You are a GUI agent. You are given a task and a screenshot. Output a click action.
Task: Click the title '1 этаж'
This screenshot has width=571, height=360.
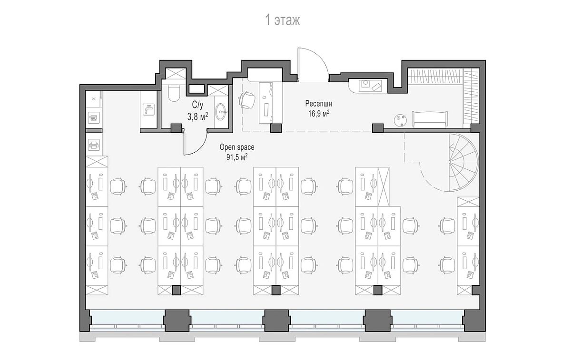pos(283,20)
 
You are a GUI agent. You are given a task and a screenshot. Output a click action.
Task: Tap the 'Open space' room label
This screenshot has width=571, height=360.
pos(237,147)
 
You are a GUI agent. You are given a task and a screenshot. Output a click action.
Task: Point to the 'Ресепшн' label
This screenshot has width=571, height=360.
pos(319,104)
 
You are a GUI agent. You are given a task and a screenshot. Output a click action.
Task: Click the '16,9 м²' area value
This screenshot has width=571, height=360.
pos(319,113)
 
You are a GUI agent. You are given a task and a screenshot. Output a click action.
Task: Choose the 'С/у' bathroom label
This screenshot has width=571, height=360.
pos(197,105)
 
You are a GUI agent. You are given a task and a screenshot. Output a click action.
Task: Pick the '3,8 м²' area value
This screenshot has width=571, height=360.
pos(197,117)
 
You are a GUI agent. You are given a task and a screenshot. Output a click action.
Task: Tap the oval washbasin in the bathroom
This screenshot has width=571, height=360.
pos(220,111)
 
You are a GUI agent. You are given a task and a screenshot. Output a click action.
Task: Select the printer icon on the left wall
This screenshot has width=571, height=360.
pos(94,145)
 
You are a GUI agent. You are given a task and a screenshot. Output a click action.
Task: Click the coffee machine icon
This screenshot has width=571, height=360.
pos(94,118)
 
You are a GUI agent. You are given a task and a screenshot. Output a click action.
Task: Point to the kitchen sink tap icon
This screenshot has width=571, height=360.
pos(148,109)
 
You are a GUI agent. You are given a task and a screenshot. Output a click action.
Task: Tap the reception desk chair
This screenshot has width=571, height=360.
pos(247,100)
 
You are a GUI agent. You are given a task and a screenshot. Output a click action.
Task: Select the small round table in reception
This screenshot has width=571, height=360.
pos(400,120)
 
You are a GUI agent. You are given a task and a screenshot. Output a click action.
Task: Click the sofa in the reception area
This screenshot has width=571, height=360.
pos(430,119)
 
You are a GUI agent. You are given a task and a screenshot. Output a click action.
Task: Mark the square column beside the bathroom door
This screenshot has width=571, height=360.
pos(176,128)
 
